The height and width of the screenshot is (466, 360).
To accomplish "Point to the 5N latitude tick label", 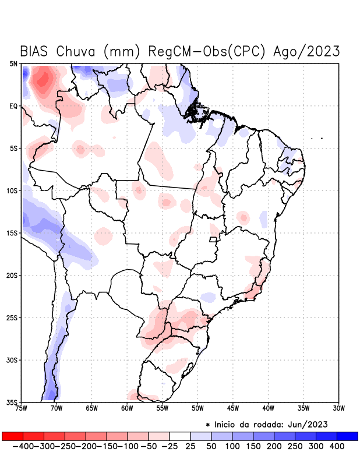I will pos(13,63).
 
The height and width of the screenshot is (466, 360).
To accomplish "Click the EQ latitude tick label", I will pos(13,106).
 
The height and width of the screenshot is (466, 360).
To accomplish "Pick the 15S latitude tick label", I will pos(12,233).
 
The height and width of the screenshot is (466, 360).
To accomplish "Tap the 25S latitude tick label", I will pos(12,318).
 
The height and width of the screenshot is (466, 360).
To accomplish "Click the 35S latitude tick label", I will pos(12,403).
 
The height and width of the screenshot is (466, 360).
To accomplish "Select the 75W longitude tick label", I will pos(22,408).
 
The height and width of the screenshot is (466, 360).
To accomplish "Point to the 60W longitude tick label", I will pos(127,408).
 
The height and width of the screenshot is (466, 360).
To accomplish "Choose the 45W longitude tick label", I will pos(233,408).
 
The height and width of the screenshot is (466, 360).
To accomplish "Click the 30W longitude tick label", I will pos(338,408).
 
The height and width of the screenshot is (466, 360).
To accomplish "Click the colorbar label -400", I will pos(23,446).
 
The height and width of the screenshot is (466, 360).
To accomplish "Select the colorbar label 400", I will pos(337,446).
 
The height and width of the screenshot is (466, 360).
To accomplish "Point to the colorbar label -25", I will pos(170,446).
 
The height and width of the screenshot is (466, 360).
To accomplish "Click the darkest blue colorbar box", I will pos(347,436).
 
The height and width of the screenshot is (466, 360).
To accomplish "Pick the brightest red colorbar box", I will pos(12,436).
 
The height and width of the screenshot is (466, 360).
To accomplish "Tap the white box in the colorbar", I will pos(180,436).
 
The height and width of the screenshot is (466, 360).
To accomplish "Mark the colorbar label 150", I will pos(253,446).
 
